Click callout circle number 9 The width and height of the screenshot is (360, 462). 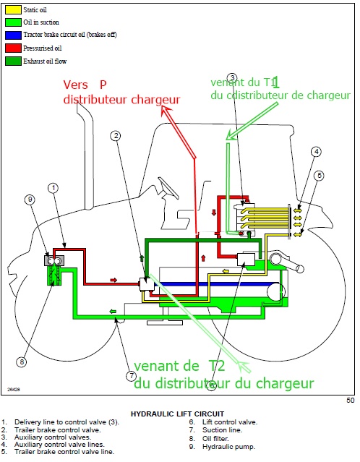(x=30, y=200)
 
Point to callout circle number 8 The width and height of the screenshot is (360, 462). (x=22, y=361)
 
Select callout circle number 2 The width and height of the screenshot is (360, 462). (x=115, y=135)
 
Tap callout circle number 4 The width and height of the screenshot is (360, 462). (x=316, y=152)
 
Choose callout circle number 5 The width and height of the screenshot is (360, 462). (x=319, y=175)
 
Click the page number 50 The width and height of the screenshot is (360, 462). (x=350, y=399)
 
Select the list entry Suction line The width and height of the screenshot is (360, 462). (x=210, y=429)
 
